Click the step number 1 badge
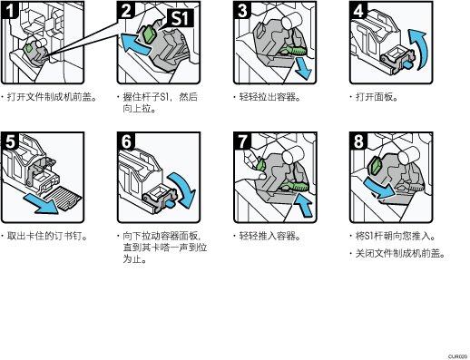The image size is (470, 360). coord(9,10)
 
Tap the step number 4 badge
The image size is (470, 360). coord(358,10)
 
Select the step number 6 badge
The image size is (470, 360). coord(126,141)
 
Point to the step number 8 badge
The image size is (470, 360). coord(358,141)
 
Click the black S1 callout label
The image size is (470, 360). coord(180,18)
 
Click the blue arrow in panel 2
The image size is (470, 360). coord(135,44)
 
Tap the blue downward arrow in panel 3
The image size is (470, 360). coord(303,68)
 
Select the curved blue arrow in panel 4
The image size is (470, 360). coord(421,48)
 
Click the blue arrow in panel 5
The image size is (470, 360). coord(41,204)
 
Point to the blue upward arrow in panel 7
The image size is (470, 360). coord(303,205)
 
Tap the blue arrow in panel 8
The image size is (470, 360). coord(379,188)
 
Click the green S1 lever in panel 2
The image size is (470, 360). coord(148,34)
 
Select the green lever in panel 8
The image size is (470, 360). coord(377,165)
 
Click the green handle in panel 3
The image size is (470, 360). coord(292,50)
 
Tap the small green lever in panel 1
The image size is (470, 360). coord(29,48)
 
